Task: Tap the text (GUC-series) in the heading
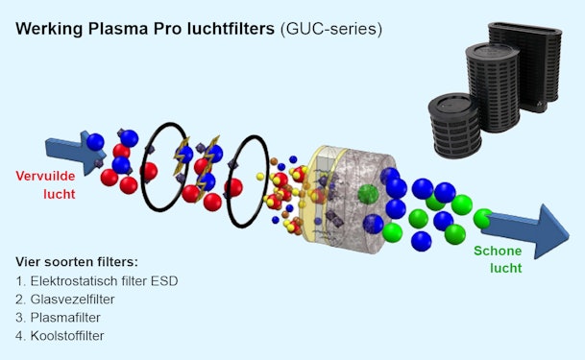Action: [330, 29]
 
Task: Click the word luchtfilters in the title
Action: [229, 29]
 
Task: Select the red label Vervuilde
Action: [45, 177]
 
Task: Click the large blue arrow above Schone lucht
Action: [538, 230]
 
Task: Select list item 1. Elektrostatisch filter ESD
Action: [97, 281]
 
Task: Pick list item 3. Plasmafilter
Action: [64, 318]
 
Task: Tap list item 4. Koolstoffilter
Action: [68, 336]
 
